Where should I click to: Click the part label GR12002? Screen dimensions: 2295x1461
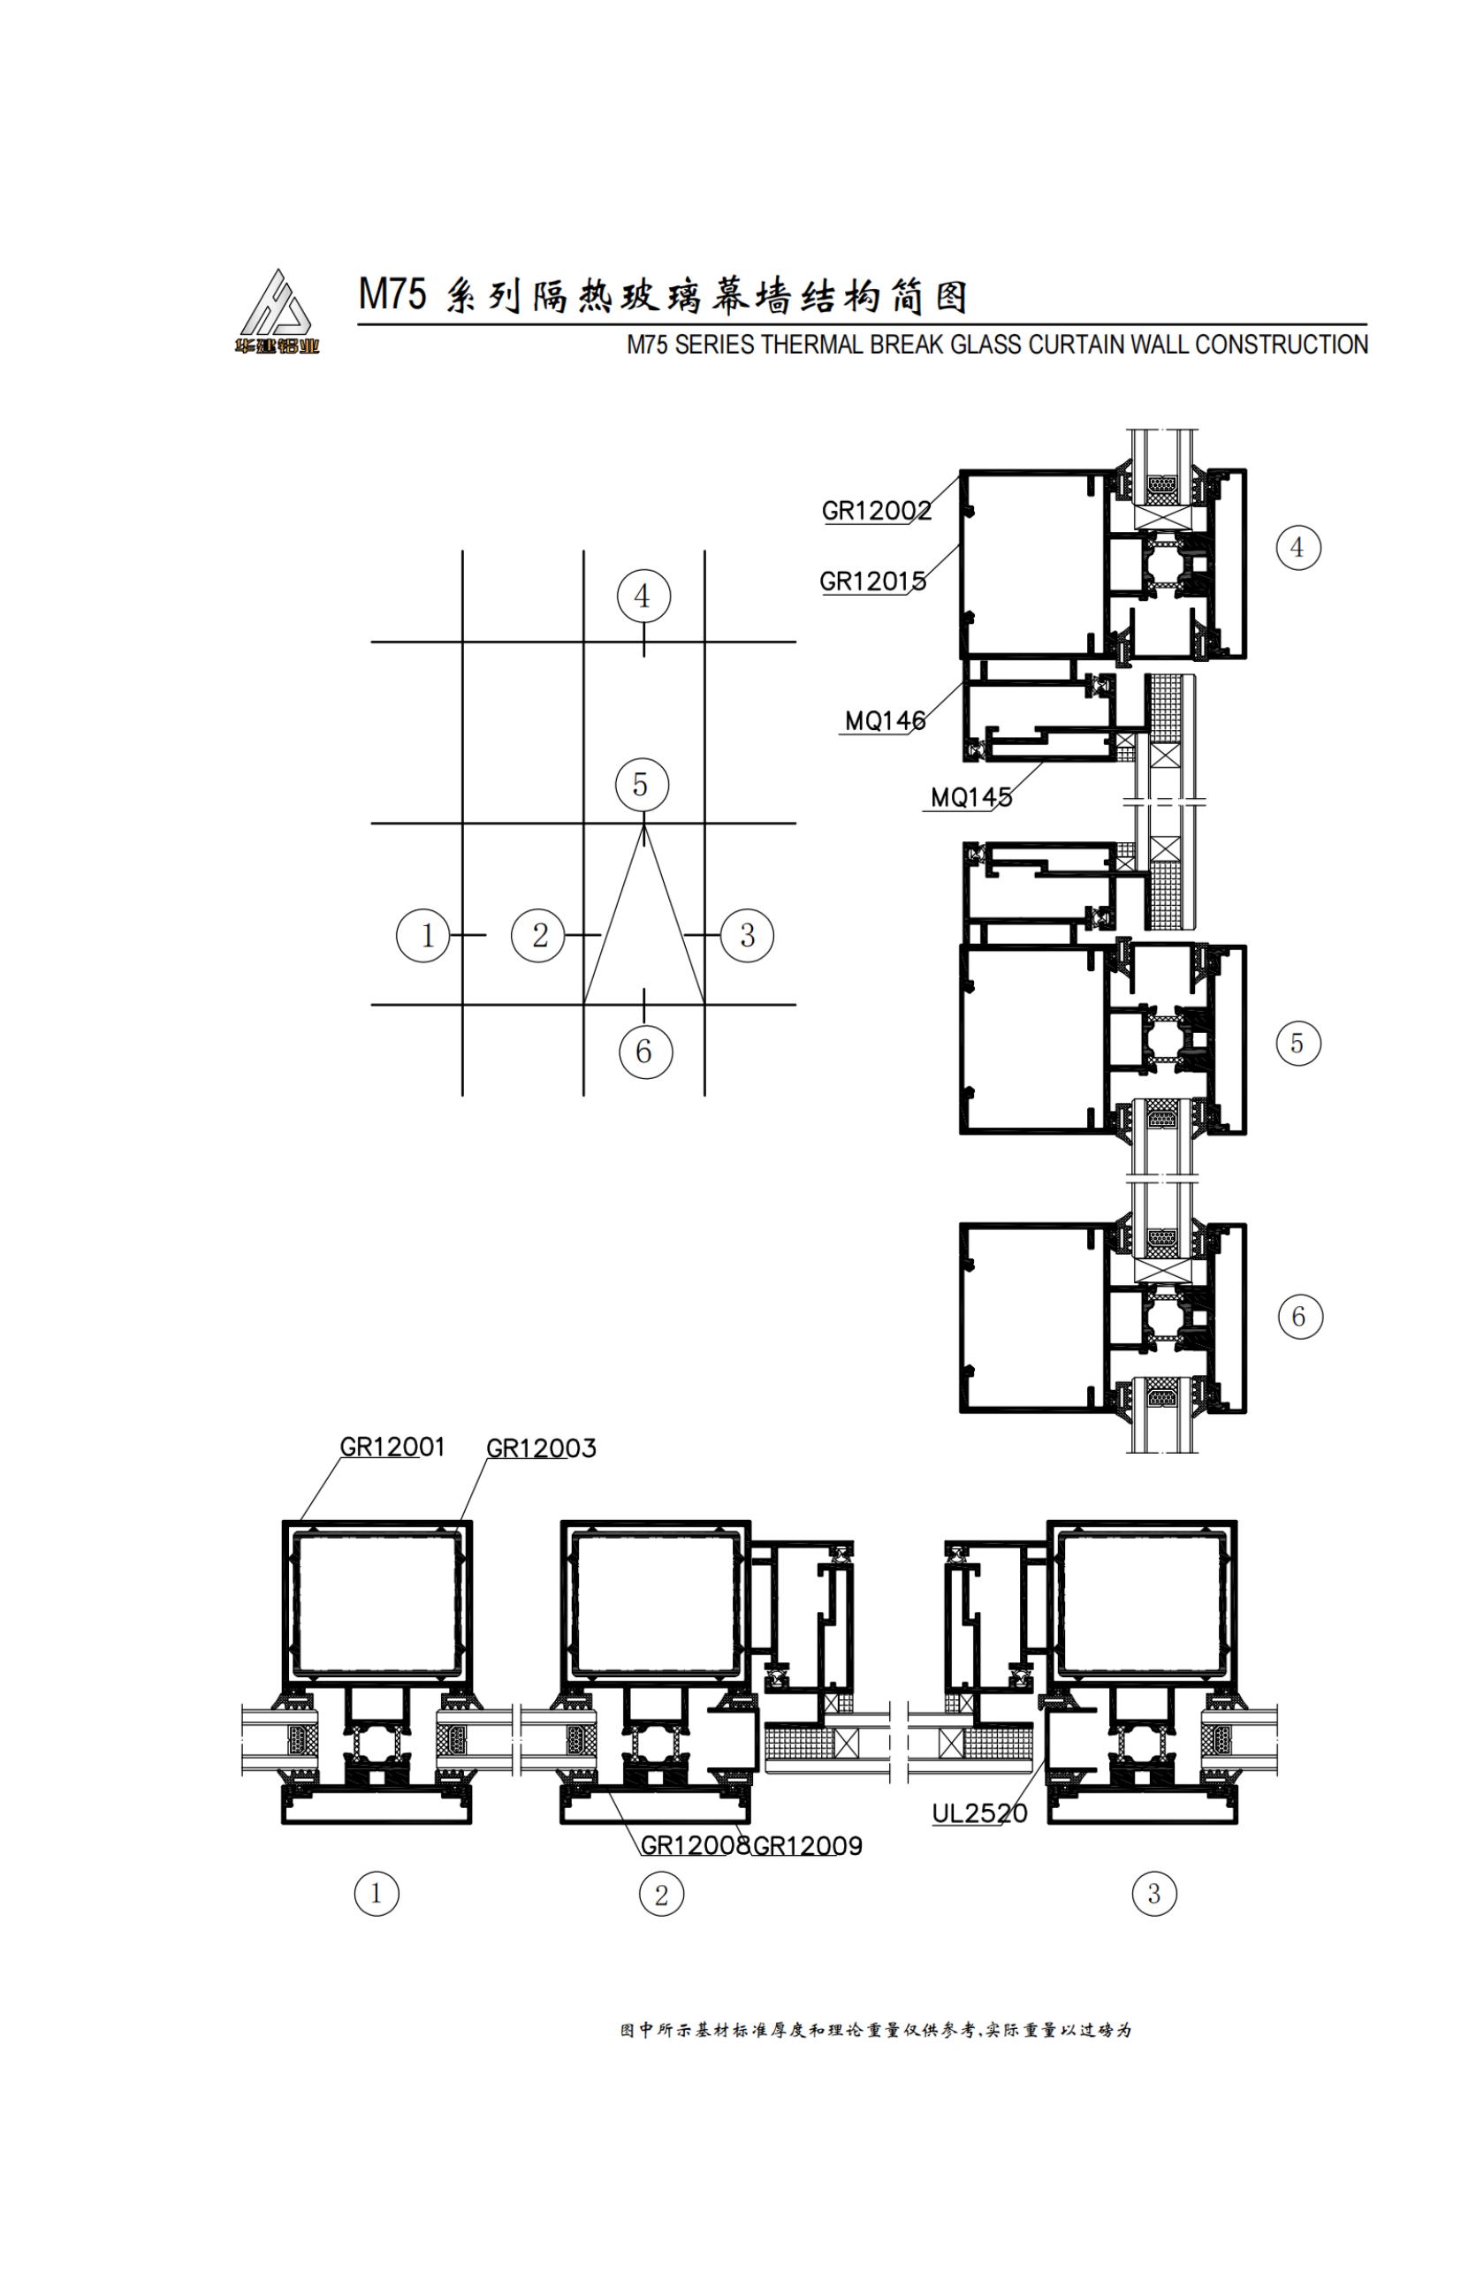click(x=876, y=511)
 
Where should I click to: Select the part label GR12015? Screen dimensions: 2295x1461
click(x=872, y=581)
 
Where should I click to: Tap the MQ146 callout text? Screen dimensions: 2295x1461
click(x=886, y=721)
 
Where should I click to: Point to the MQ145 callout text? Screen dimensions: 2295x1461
click(x=970, y=798)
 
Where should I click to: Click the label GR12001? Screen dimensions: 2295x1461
click(x=392, y=1447)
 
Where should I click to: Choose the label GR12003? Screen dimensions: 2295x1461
click(x=540, y=1448)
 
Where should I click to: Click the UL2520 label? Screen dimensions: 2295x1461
click(x=978, y=1812)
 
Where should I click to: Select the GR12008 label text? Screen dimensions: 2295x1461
click(x=695, y=1846)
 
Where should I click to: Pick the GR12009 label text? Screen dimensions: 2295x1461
click(x=808, y=1846)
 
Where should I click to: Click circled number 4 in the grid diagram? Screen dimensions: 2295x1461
click(x=643, y=597)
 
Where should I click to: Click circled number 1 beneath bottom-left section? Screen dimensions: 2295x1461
click(x=377, y=1893)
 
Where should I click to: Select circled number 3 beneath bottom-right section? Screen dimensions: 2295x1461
click(x=1153, y=1893)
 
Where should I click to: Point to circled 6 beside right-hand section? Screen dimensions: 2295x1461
click(x=1299, y=1317)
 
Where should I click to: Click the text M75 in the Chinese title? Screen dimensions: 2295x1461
click(x=392, y=294)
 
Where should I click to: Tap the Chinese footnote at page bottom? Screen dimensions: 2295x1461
click(x=875, y=2030)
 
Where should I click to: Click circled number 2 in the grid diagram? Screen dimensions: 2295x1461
click(x=538, y=935)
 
